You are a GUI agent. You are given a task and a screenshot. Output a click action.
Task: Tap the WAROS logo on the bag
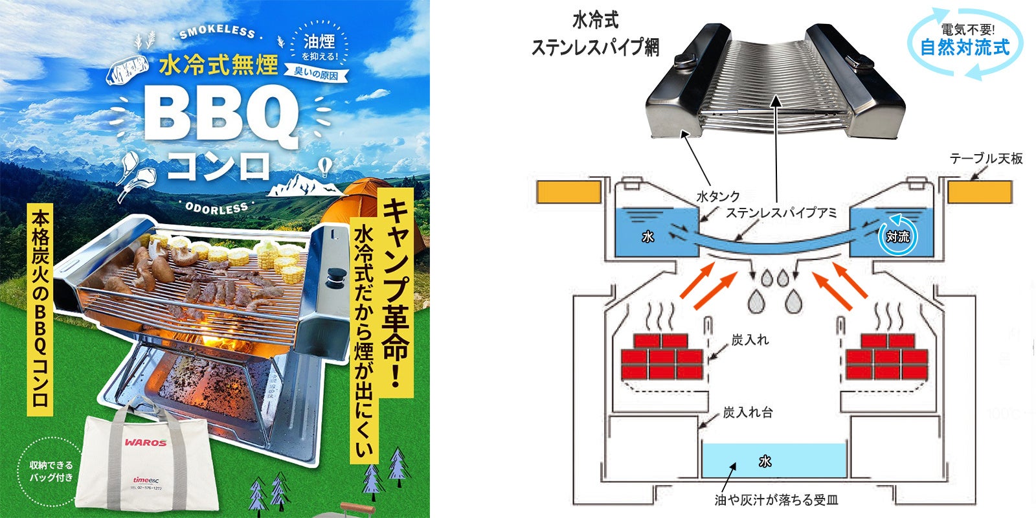pyautogui.click(x=146, y=443)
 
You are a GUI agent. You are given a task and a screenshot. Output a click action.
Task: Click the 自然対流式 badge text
pyautogui.click(x=965, y=47)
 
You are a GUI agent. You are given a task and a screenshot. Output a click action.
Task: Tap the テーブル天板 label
pyautogui.click(x=985, y=158)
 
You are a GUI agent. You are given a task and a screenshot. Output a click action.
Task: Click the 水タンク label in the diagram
pyautogui.click(x=717, y=196)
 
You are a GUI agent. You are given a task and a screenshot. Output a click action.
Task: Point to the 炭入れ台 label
pyautogui.click(x=748, y=412)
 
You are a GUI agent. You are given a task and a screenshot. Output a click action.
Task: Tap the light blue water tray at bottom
pyautogui.click(x=774, y=460)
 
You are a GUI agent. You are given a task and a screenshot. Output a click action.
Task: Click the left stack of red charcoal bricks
pyautogui.click(x=662, y=357)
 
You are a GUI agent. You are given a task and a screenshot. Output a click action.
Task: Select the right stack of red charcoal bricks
pyautogui.click(x=887, y=357)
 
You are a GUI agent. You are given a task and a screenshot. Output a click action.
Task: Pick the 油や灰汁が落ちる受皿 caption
pyautogui.click(x=776, y=500)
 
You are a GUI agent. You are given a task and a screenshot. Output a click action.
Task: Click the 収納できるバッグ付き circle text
pyautogui.click(x=52, y=471)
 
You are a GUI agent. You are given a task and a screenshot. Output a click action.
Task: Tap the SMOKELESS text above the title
pyautogui.click(x=217, y=32)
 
